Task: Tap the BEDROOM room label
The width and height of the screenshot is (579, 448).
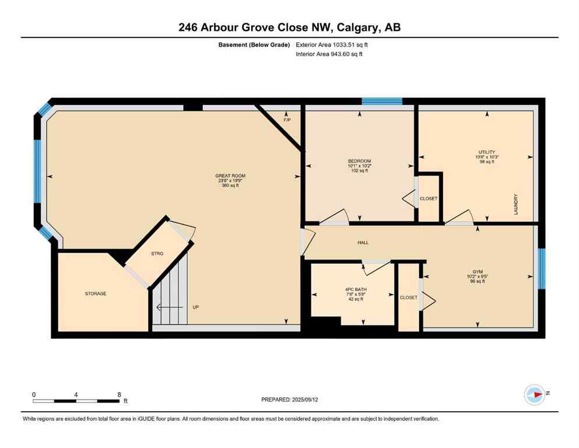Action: click(x=359, y=161)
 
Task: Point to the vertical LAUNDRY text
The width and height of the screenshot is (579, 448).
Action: click(x=516, y=204)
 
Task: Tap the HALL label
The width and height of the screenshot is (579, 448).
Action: click(x=363, y=243)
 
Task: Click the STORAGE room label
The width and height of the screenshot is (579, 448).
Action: click(x=96, y=293)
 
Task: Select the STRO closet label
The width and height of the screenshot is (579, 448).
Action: click(x=157, y=253)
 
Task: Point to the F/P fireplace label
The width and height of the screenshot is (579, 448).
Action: click(x=286, y=120)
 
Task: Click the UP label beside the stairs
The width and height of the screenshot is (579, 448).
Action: click(x=196, y=307)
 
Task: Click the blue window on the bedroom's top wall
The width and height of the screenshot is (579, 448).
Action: click(x=382, y=101)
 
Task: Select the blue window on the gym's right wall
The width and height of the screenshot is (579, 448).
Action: click(x=542, y=268)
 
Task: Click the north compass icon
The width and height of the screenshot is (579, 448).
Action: click(x=534, y=395)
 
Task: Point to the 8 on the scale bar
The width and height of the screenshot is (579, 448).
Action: click(x=119, y=394)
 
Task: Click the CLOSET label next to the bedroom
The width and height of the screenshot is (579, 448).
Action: click(x=429, y=198)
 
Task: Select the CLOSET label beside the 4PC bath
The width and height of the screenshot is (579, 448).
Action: click(x=408, y=297)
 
